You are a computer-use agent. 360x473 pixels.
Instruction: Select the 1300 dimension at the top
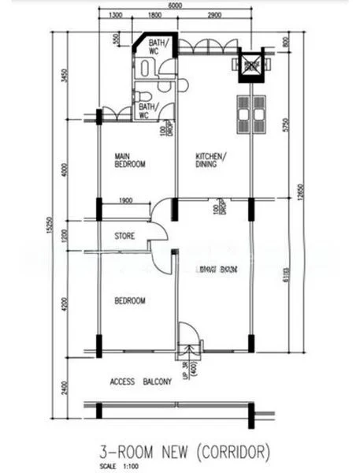coord(115,16)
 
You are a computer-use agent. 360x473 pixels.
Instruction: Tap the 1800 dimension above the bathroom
coord(154,16)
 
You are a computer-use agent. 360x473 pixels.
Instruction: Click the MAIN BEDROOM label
coord(129,160)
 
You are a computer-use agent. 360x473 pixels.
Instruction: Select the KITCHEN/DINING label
coord(211,160)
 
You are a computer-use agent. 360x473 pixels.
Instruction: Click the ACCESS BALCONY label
coord(141,382)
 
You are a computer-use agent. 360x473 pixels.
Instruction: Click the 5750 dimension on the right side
coord(290,125)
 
